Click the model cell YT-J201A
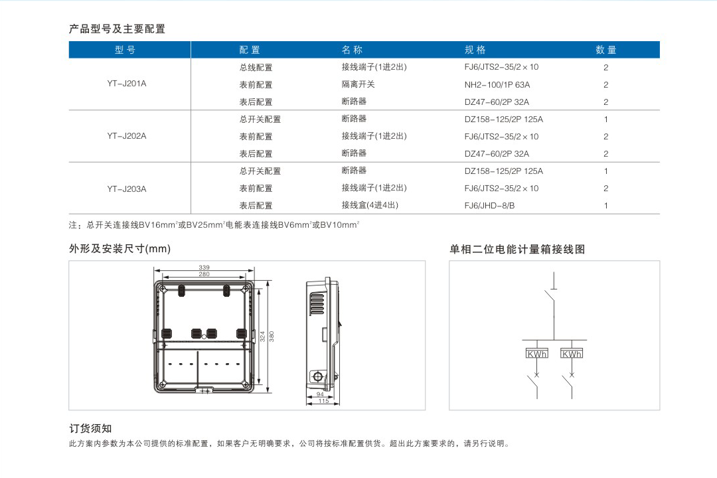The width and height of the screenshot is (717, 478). coord(127,84)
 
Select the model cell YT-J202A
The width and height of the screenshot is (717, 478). coord(127,136)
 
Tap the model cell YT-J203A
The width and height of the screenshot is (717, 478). coord(127,189)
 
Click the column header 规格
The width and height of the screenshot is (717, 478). coord(475,50)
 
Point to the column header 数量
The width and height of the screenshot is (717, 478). coord(606,50)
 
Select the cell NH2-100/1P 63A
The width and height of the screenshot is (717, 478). coord(497,84)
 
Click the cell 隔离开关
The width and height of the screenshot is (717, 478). coord(358,84)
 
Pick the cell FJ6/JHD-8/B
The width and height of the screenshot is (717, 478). coord(489,205)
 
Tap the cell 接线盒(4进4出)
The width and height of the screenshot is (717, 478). coord(370,205)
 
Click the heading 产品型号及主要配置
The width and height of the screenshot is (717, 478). coord(117,29)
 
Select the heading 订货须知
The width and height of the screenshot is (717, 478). coord(90,429)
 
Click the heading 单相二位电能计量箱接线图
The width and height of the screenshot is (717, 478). coord(517,250)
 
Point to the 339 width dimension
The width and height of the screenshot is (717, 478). coord(204,267)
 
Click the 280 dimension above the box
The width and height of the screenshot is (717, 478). coord(204,274)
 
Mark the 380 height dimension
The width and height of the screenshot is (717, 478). coord(272,337)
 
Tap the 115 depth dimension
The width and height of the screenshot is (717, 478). coord(324,401)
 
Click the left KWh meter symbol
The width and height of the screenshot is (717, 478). coord(537,354)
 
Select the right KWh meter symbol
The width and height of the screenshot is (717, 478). coord(572,354)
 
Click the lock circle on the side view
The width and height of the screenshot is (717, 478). coord(317,377)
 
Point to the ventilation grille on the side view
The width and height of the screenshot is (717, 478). coord(317,303)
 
